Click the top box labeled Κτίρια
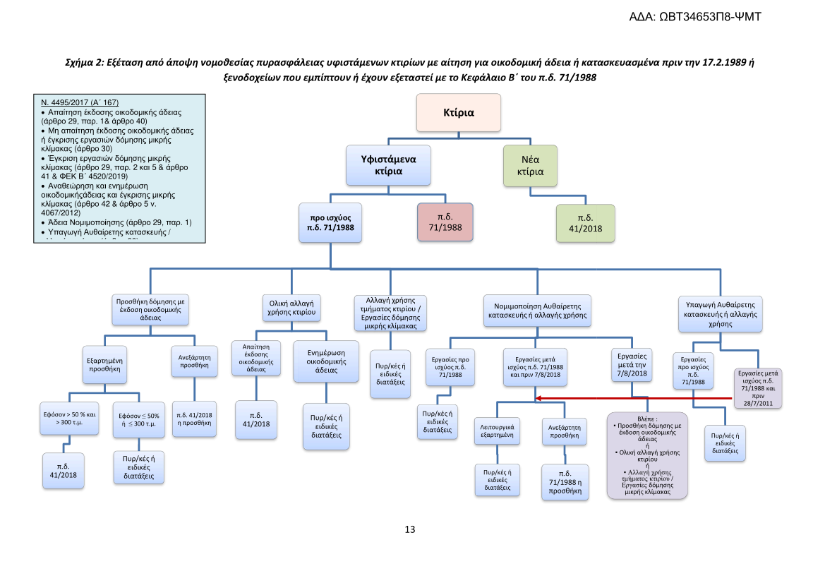pos(458,112)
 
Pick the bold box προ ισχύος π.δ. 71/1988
pos(330,222)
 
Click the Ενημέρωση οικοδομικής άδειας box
pos(326,361)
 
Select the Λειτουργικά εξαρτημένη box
pos(498,431)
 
